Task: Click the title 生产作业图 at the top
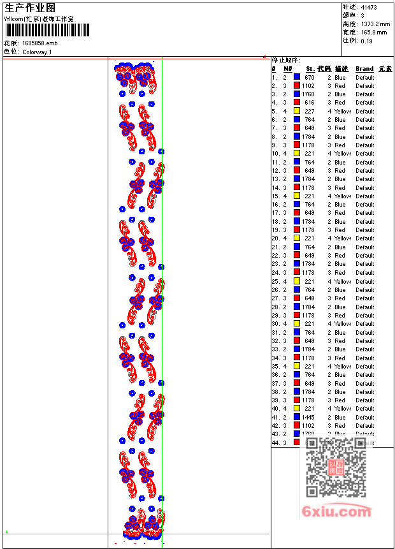point(30,8)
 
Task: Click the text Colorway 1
point(37,52)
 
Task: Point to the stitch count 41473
point(369,7)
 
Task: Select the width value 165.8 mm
point(374,32)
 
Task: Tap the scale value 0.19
point(366,41)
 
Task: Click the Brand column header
point(364,69)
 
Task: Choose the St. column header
point(310,69)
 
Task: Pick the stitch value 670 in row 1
point(310,77)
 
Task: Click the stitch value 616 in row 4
point(310,103)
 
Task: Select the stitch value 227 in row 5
point(310,111)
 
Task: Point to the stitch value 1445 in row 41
point(308,418)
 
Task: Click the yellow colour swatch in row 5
point(297,111)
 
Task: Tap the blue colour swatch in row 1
point(297,77)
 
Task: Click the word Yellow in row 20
point(343,238)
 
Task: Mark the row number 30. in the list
point(276,324)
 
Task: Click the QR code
point(336,467)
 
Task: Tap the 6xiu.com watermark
point(336,511)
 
